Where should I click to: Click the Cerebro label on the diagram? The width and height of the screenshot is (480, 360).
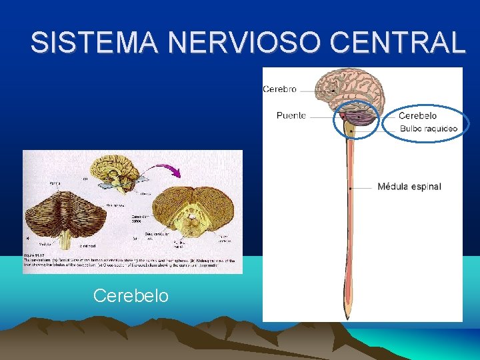280,89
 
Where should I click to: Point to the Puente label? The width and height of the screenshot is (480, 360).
291,115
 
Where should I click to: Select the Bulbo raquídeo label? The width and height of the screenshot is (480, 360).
429,129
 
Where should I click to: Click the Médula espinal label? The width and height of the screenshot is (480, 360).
409,186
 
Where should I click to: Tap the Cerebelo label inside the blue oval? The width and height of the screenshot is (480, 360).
417,115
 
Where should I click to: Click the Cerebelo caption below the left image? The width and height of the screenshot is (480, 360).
131,295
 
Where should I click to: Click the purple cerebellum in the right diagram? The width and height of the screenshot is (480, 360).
364,121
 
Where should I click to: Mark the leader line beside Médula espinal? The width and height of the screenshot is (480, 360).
363,188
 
